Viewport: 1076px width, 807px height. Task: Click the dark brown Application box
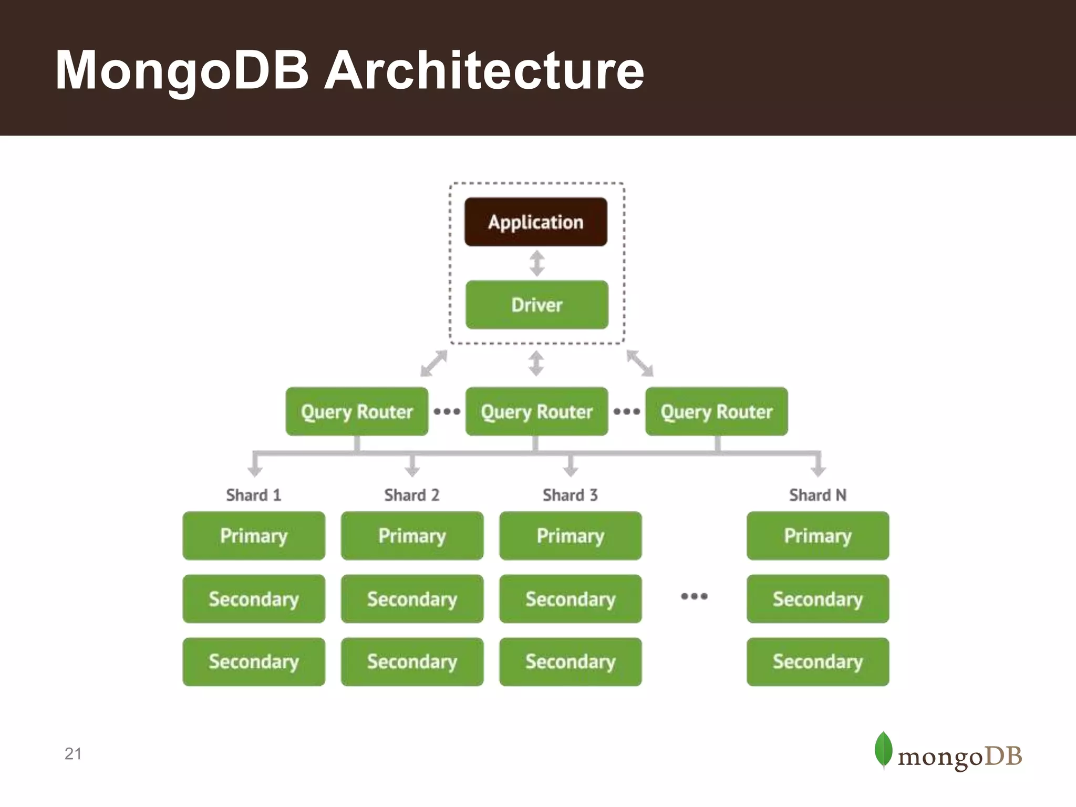coord(535,222)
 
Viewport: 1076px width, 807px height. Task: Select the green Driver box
coord(536,305)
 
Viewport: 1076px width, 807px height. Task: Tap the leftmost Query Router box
coord(357,411)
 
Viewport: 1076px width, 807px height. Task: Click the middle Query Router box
coord(536,411)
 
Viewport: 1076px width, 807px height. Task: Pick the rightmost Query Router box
coord(716,411)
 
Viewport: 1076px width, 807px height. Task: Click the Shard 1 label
coord(254,495)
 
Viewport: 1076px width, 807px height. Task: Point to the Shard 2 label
coord(412,495)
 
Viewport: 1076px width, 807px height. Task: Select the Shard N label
coord(818,495)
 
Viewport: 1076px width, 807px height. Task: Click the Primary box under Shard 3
coord(570,535)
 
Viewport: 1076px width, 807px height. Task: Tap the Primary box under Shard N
coord(818,535)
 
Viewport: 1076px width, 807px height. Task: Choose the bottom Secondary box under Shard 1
coord(254,661)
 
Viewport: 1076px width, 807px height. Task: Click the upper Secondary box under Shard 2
coord(412,598)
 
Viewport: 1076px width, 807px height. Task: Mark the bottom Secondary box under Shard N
coord(818,661)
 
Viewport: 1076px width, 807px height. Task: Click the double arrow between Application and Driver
coord(536,263)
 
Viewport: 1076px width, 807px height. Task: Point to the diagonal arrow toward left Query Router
coord(434,364)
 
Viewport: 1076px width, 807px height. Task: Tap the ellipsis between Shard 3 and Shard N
coord(694,596)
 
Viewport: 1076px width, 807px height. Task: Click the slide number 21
coord(73,753)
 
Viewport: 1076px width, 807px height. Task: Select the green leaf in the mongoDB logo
coord(884,749)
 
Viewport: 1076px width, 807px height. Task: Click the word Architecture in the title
coord(484,70)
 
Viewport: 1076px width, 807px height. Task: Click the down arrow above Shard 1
coord(255,465)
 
